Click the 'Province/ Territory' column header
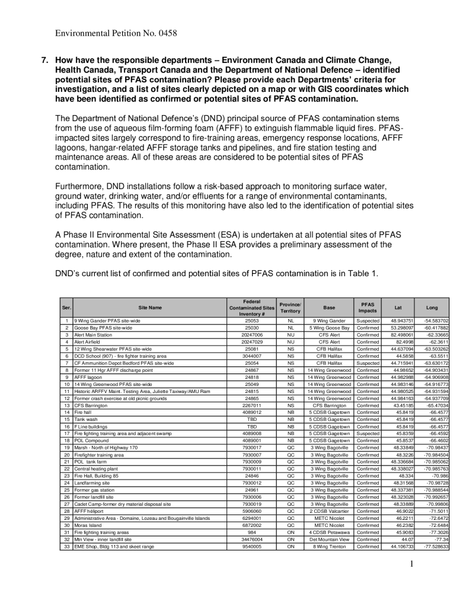pyautogui.click(x=291, y=308)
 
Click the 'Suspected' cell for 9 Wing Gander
pyautogui.click(x=368, y=320)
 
